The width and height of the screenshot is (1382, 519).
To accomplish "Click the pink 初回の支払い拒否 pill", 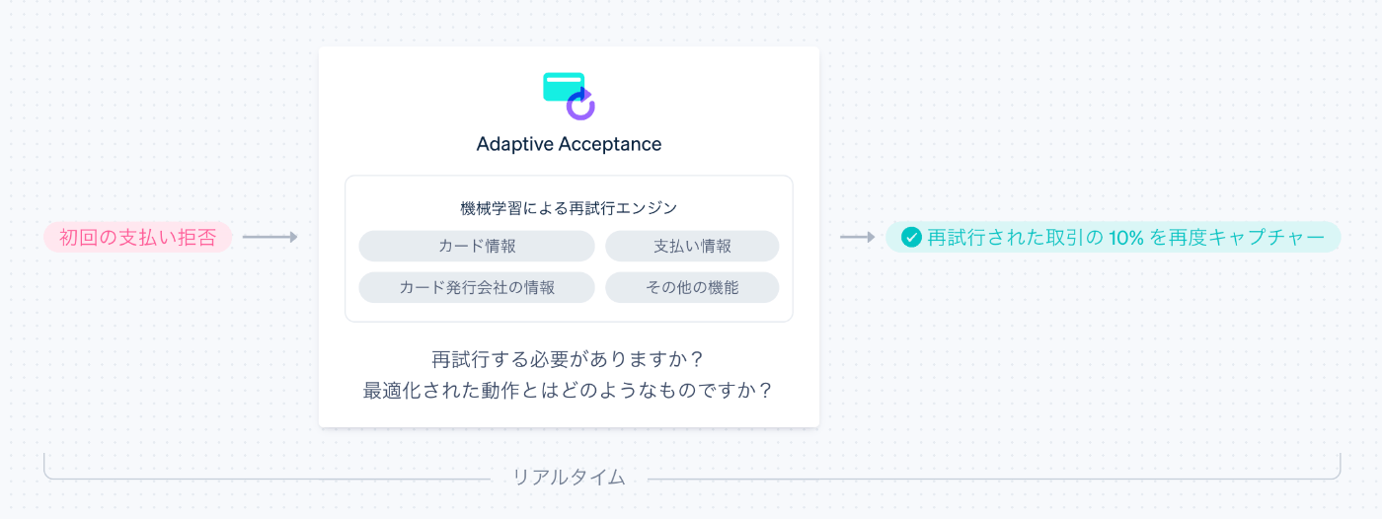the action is tap(137, 237).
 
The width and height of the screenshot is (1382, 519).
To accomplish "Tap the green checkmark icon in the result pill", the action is tap(911, 237).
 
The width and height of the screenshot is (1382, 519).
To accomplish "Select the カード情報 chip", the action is tap(477, 246).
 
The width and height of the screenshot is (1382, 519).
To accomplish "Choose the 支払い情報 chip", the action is tap(692, 246).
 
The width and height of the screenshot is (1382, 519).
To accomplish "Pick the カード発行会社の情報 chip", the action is tap(477, 287).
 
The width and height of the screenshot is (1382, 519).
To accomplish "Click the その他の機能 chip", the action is tap(692, 287).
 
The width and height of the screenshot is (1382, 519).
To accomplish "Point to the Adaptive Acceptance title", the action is tap(569, 144).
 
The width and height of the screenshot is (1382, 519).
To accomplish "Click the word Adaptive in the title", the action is tap(514, 144).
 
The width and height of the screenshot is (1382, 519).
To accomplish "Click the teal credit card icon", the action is tap(563, 86).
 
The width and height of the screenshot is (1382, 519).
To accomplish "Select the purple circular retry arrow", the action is tap(581, 104).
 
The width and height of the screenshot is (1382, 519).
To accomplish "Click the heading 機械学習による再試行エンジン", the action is tap(569, 208).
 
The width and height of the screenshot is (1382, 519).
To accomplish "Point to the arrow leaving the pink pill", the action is tap(269, 237).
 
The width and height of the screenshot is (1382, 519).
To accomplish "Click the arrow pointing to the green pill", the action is tap(857, 237).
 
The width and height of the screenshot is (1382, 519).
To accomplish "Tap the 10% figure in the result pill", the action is tap(1123, 237).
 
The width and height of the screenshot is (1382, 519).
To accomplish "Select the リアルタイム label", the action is tap(569, 478).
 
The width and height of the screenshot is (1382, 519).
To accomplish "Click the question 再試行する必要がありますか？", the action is tap(569, 358).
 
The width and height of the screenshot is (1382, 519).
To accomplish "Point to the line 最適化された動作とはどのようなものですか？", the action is tap(569, 390).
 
